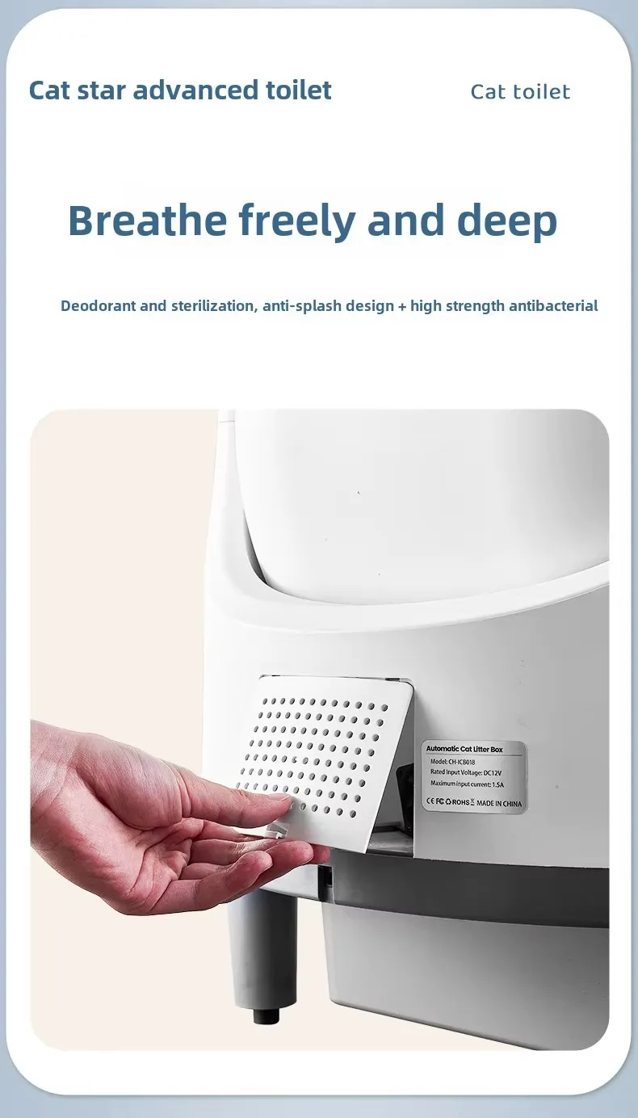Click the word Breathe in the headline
pyautogui.click(x=148, y=220)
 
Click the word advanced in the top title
pyautogui.click(x=195, y=90)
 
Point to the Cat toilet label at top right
pyautogui.click(x=520, y=92)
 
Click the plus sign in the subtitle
pyautogui.click(x=402, y=306)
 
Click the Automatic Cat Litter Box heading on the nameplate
pyautogui.click(x=464, y=749)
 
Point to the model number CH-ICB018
pyautogui.click(x=461, y=762)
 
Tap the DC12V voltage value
pyautogui.click(x=493, y=772)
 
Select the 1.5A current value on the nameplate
pyautogui.click(x=497, y=784)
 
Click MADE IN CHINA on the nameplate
pyautogui.click(x=499, y=803)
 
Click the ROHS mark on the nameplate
pyautogui.click(x=460, y=802)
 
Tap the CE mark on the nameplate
pyautogui.click(x=430, y=801)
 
